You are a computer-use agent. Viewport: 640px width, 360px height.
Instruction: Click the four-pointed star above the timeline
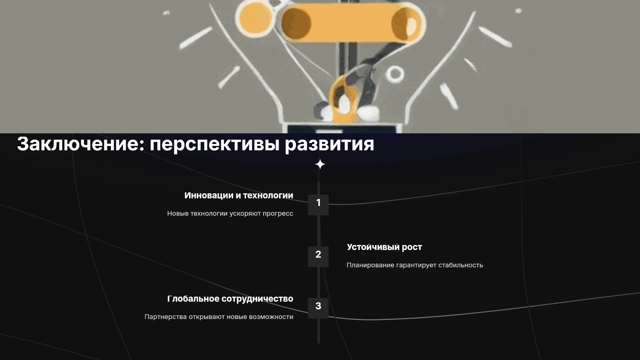pos(320,164)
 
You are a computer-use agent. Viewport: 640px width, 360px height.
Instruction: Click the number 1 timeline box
pos(318,205)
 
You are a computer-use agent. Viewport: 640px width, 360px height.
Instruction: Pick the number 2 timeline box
pos(318,256)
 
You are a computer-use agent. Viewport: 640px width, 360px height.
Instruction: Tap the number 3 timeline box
pos(318,308)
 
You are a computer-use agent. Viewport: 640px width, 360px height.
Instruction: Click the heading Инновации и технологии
pos(239,196)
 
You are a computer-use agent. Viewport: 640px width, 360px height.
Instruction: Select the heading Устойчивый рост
pos(384,247)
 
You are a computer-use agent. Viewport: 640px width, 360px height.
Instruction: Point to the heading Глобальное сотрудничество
pos(230,299)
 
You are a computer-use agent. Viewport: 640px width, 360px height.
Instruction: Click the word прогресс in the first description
pos(278,214)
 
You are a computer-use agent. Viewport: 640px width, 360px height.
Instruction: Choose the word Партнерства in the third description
pos(165,317)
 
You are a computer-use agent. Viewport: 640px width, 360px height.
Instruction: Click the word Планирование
pos(370,265)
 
